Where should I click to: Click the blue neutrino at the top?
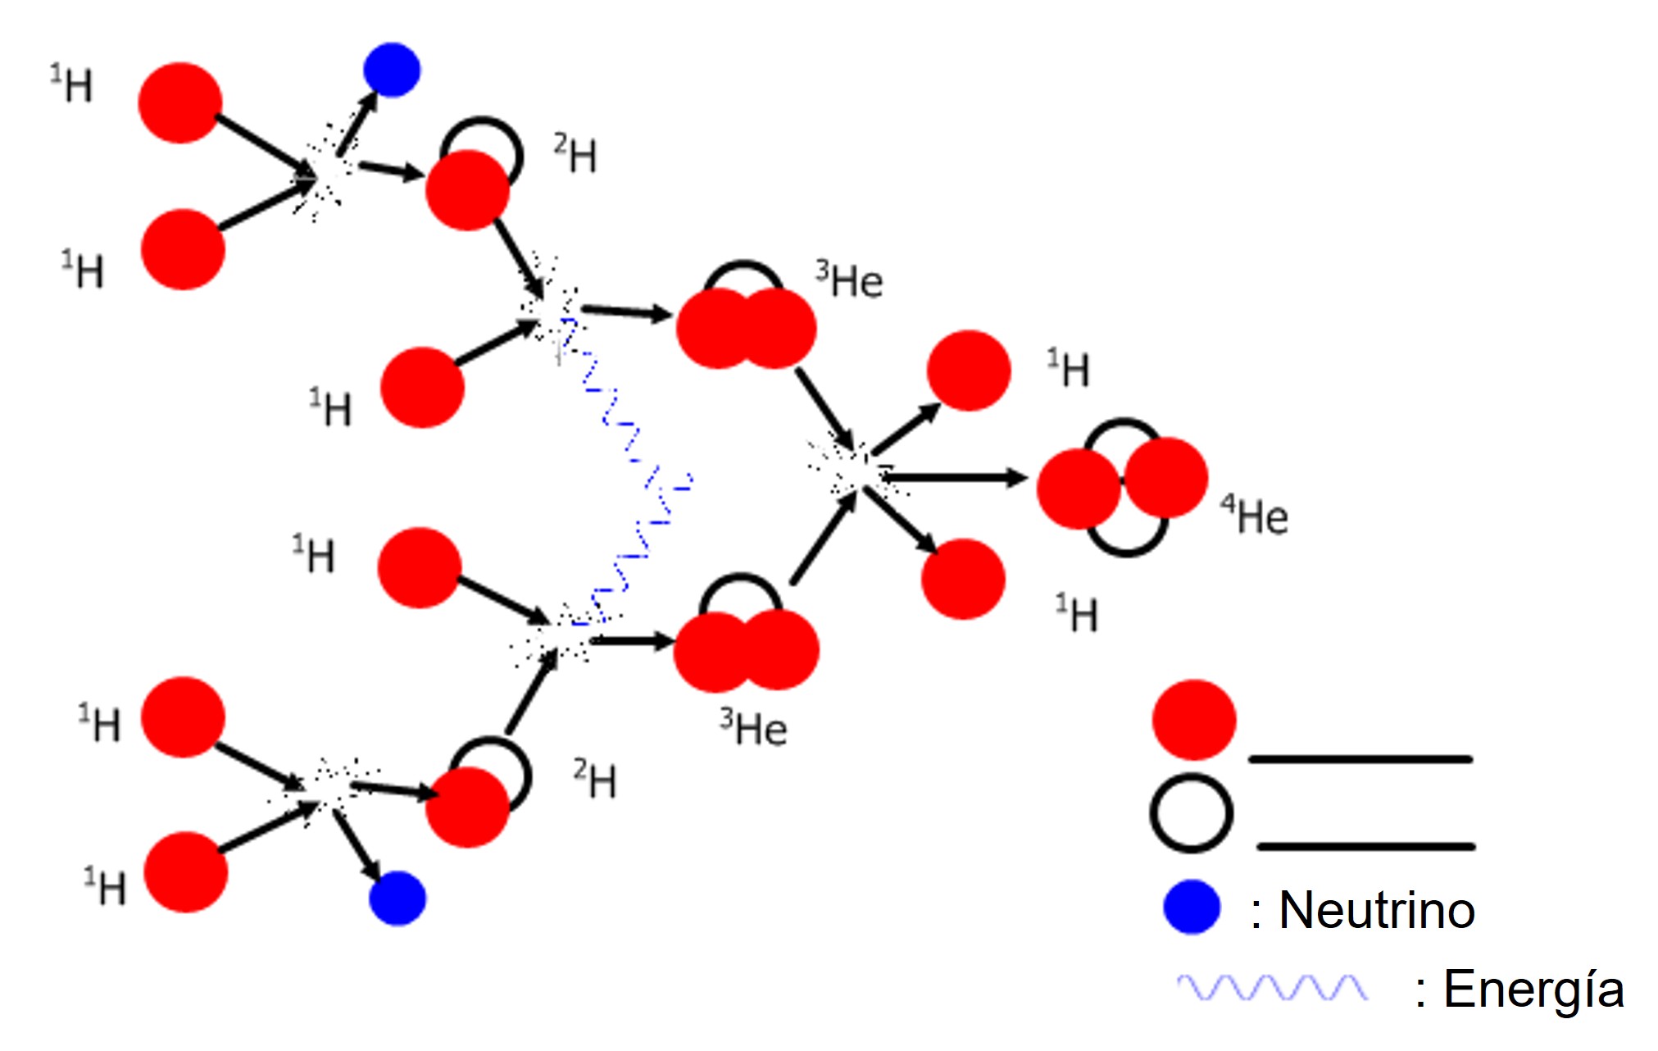pyautogui.click(x=392, y=70)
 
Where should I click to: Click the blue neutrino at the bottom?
pyautogui.click(x=397, y=899)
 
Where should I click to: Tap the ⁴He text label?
pyautogui.click(x=1255, y=516)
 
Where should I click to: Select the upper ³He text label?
pyautogui.click(x=849, y=280)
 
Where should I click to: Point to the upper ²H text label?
pyautogui.click(x=575, y=153)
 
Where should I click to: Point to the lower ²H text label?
pyautogui.click(x=596, y=779)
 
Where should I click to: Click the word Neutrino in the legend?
pyautogui.click(x=1377, y=910)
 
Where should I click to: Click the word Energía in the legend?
pyautogui.click(x=1533, y=989)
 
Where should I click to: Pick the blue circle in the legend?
pyautogui.click(x=1192, y=908)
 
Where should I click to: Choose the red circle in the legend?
pyautogui.click(x=1194, y=720)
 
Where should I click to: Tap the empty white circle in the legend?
pyautogui.click(x=1192, y=813)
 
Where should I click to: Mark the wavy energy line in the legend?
pyautogui.click(x=1273, y=988)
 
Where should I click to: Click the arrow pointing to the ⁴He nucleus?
pyautogui.click(x=955, y=477)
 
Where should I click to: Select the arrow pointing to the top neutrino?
pyautogui.click(x=357, y=124)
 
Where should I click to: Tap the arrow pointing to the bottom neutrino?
pyautogui.click(x=357, y=846)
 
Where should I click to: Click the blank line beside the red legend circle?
pyautogui.click(x=1360, y=760)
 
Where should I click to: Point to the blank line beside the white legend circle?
pyautogui.click(x=1366, y=846)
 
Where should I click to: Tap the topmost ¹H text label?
pyautogui.click(x=72, y=84)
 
